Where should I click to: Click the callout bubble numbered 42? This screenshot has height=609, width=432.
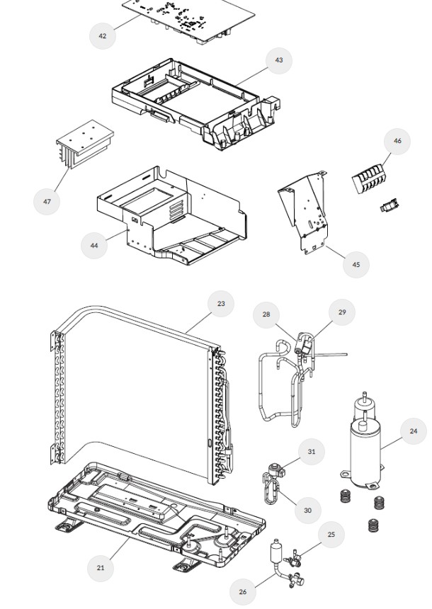pyautogui.click(x=103, y=35)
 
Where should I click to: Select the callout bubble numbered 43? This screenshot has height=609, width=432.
pyautogui.click(x=279, y=61)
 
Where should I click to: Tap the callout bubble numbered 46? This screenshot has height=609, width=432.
pyautogui.click(x=397, y=141)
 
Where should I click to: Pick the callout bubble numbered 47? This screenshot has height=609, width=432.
pyautogui.click(x=47, y=201)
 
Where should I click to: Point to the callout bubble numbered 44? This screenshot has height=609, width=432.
pyautogui.click(x=94, y=245)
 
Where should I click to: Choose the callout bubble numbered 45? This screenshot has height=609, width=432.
pyautogui.click(x=356, y=265)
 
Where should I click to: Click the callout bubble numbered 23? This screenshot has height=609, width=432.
pyautogui.click(x=221, y=304)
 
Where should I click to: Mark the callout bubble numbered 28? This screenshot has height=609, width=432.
pyautogui.click(x=266, y=314)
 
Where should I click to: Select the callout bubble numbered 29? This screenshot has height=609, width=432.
pyautogui.click(x=342, y=312)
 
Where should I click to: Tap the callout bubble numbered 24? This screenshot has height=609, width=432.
pyautogui.click(x=413, y=431)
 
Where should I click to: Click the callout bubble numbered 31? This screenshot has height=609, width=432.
pyautogui.click(x=312, y=451)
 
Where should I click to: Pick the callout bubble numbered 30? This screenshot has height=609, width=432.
pyautogui.click(x=307, y=510)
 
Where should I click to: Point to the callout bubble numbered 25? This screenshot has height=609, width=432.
pyautogui.click(x=331, y=535)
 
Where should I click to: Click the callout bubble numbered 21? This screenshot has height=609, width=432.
pyautogui.click(x=101, y=567)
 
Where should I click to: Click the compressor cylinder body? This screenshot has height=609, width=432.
pyautogui.click(x=365, y=453)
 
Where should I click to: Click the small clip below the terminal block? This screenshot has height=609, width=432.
pyautogui.click(x=387, y=207)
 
